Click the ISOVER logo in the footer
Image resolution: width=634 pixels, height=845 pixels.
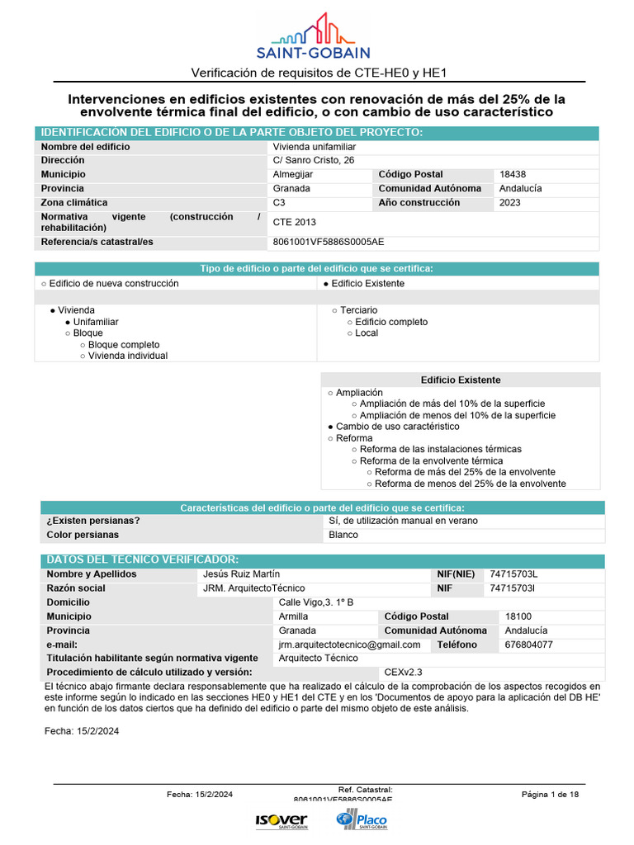pyautogui.click(x=282, y=820)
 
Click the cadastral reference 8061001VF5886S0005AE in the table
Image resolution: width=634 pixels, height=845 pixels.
pyautogui.click(x=328, y=243)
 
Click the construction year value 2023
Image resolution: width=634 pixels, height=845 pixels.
pyautogui.click(x=510, y=203)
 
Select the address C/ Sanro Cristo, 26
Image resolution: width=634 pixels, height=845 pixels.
pyautogui.click(x=314, y=161)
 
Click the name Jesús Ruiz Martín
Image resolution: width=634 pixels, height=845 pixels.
pyautogui.click(x=241, y=574)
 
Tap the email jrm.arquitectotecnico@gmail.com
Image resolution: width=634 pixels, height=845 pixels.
pyautogui.click(x=349, y=644)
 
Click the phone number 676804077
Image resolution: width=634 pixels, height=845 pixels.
pyautogui.click(x=529, y=644)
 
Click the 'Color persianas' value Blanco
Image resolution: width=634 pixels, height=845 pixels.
pyautogui.click(x=343, y=535)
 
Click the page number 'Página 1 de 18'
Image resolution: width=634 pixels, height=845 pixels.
pyautogui.click(x=550, y=795)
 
